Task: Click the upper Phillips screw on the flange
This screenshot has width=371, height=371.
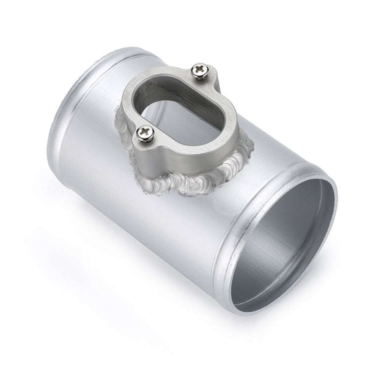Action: pos(201,71)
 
